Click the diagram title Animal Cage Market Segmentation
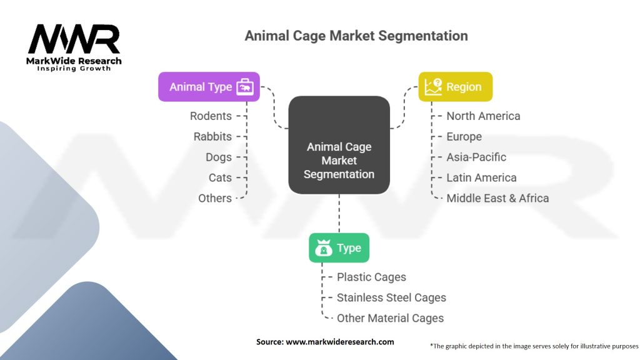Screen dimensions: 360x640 (x=356, y=36)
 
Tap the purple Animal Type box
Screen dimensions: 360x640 (x=209, y=87)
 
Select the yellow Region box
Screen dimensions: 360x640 (x=454, y=87)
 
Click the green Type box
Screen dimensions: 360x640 (x=339, y=247)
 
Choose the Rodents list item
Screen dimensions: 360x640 (x=211, y=116)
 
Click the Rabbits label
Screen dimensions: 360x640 (x=212, y=136)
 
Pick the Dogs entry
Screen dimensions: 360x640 (x=219, y=157)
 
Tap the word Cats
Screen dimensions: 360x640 (x=220, y=177)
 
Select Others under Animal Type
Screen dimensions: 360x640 (x=214, y=198)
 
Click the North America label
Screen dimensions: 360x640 (x=483, y=116)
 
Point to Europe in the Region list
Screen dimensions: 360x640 (x=464, y=136)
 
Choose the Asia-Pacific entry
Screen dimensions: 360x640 (x=476, y=157)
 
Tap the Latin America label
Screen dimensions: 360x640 (x=481, y=177)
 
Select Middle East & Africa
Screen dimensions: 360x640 (x=497, y=198)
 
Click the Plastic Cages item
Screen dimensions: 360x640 (x=371, y=277)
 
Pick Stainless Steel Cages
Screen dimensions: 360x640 (x=391, y=297)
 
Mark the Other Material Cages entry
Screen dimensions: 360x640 (x=390, y=318)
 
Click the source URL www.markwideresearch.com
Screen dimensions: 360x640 (x=341, y=342)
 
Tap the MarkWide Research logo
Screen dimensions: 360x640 (x=74, y=47)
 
